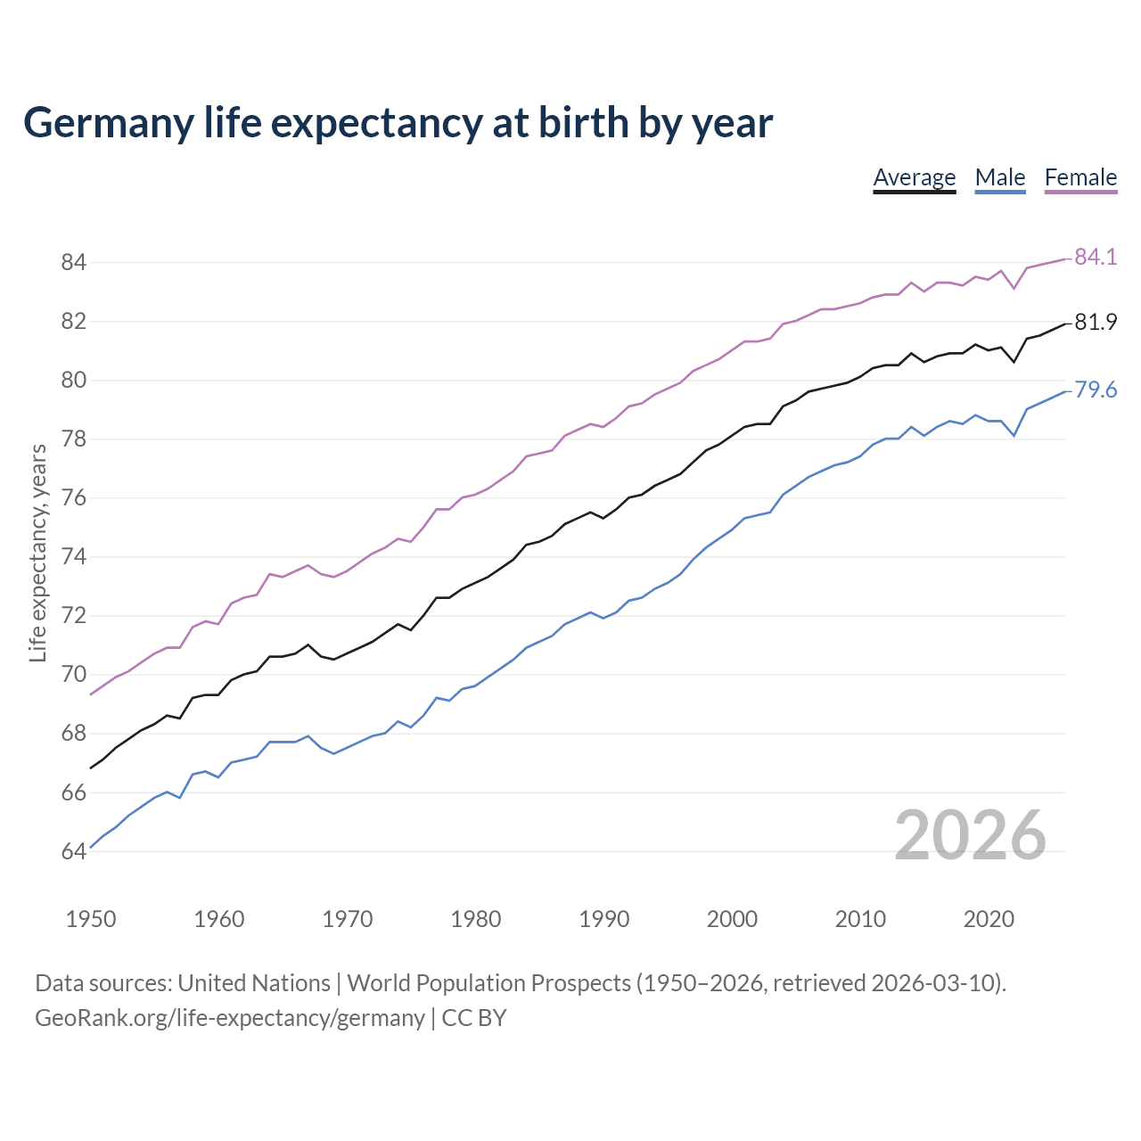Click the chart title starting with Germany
tap(398, 123)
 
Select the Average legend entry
tap(914, 177)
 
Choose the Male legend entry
tap(999, 177)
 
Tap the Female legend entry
tap(1080, 177)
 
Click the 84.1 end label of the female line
tap(1095, 257)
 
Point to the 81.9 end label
tap(1095, 322)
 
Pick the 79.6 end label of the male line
tap(1095, 390)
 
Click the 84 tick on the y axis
tap(73, 262)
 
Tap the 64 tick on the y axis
tap(73, 851)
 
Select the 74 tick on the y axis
tap(73, 557)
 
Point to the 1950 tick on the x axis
tap(91, 919)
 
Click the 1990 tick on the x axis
tap(603, 919)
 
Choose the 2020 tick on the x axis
tap(989, 919)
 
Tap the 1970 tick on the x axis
tap(348, 919)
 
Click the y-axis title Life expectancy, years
tap(38, 554)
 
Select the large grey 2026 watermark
tap(970, 835)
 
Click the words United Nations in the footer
tap(254, 983)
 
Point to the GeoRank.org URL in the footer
tap(229, 1018)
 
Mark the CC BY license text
tap(474, 1018)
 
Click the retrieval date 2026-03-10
tap(935, 983)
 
